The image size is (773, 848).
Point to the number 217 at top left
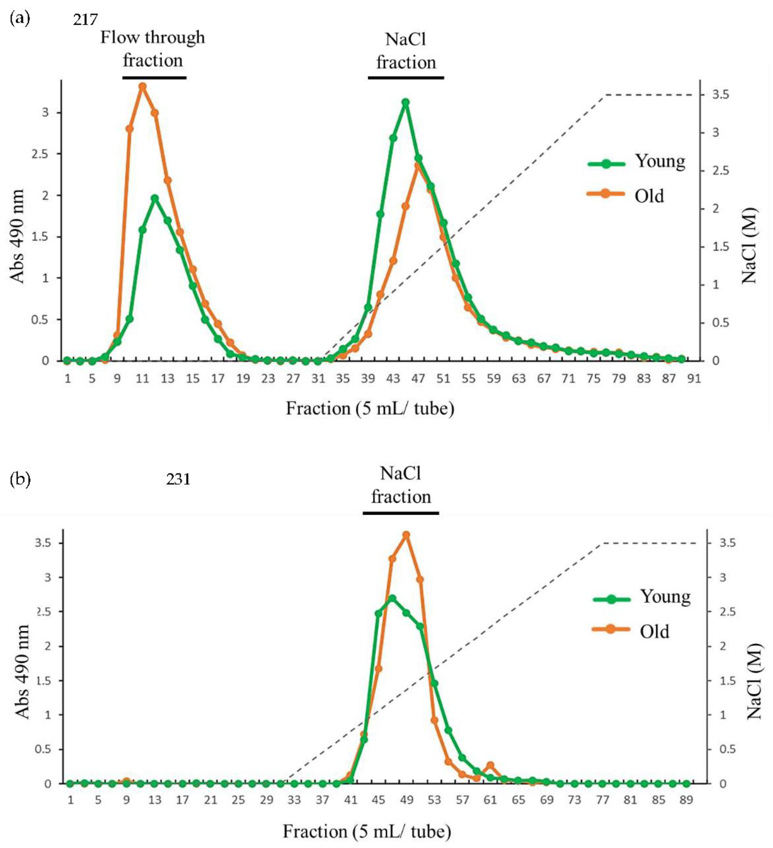point(86,19)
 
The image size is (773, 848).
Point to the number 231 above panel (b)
point(178,479)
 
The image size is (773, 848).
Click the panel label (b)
point(20,479)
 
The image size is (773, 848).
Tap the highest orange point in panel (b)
point(406,535)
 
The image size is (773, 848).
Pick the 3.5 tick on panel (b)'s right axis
point(727,543)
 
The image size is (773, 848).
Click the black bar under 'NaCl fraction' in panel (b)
point(401,513)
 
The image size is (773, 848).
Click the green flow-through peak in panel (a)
point(155,198)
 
